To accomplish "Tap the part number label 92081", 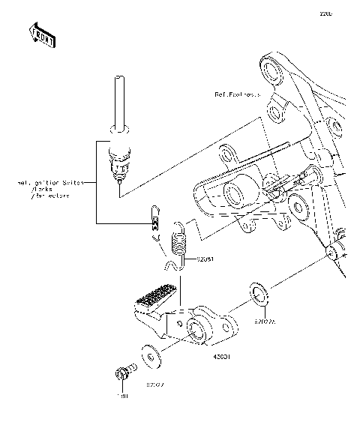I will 205,259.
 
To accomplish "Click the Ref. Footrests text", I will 238,94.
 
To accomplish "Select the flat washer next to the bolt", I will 151,357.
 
